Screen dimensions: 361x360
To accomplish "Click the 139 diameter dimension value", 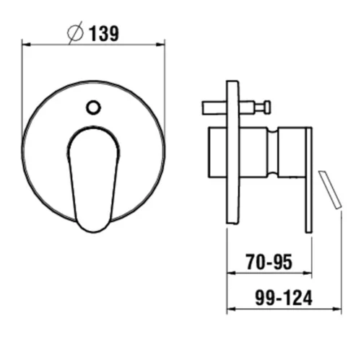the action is [104, 33].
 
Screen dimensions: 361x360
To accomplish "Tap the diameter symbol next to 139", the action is [75, 32].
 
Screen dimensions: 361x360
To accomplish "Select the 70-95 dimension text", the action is [269, 262].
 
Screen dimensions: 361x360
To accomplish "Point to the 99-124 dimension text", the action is [284, 298].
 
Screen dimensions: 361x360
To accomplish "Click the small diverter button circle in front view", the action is [93, 107].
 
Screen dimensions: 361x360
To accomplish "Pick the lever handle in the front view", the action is [94, 179].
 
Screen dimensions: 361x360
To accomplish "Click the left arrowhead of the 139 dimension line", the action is [26, 45].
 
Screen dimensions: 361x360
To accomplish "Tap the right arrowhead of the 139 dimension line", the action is [160, 45].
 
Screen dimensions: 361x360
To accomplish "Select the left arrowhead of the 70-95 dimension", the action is [231, 273].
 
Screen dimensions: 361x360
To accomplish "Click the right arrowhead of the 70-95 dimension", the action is [308, 273].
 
